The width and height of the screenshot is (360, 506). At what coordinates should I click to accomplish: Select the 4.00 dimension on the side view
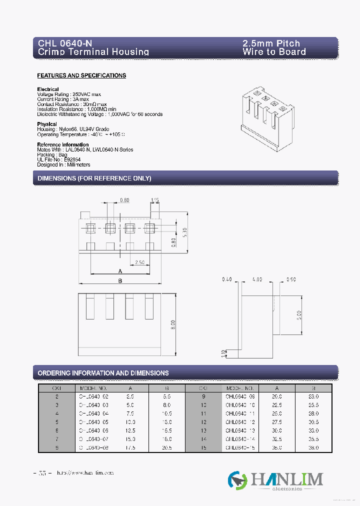257,279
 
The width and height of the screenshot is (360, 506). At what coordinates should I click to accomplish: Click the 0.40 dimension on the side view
226,279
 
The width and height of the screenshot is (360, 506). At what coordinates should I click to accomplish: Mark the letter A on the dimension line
120,271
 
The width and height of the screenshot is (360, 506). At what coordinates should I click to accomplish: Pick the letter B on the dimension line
120,281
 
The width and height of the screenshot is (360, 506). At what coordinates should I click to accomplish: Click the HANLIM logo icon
237,480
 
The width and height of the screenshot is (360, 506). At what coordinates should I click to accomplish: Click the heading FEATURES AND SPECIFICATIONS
81,75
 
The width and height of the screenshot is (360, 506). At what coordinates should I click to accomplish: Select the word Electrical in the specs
48,89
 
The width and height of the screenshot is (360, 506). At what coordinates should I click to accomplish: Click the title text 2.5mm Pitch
271,43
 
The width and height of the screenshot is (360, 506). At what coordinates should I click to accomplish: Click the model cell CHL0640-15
240,447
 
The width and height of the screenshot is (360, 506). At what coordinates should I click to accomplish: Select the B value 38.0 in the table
313,447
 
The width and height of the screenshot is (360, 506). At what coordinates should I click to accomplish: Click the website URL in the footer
85,472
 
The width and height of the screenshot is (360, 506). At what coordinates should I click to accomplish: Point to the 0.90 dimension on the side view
292,279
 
